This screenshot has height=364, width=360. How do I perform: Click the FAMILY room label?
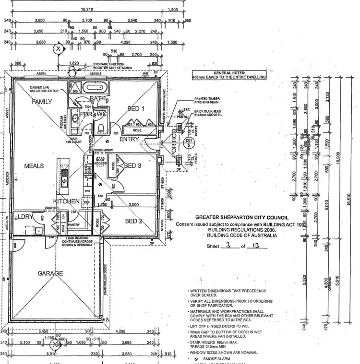(42, 102)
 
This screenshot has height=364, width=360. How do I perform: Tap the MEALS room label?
(34, 166)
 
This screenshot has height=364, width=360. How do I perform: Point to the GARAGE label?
(50, 273)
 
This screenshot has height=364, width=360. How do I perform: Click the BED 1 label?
(136, 109)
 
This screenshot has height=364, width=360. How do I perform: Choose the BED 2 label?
(134, 221)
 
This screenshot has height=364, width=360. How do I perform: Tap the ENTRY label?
(129, 140)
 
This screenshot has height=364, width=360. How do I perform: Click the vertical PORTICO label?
(174, 144)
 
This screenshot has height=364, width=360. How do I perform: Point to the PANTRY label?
(73, 224)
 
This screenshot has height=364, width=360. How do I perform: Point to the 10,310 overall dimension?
(87, 9)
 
